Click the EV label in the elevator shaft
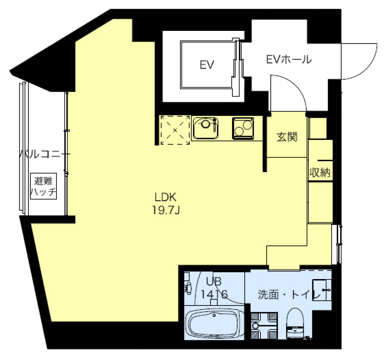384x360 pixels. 207,65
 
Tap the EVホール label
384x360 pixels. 289,60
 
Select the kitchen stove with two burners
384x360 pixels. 243,128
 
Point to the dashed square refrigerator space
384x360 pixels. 175,130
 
